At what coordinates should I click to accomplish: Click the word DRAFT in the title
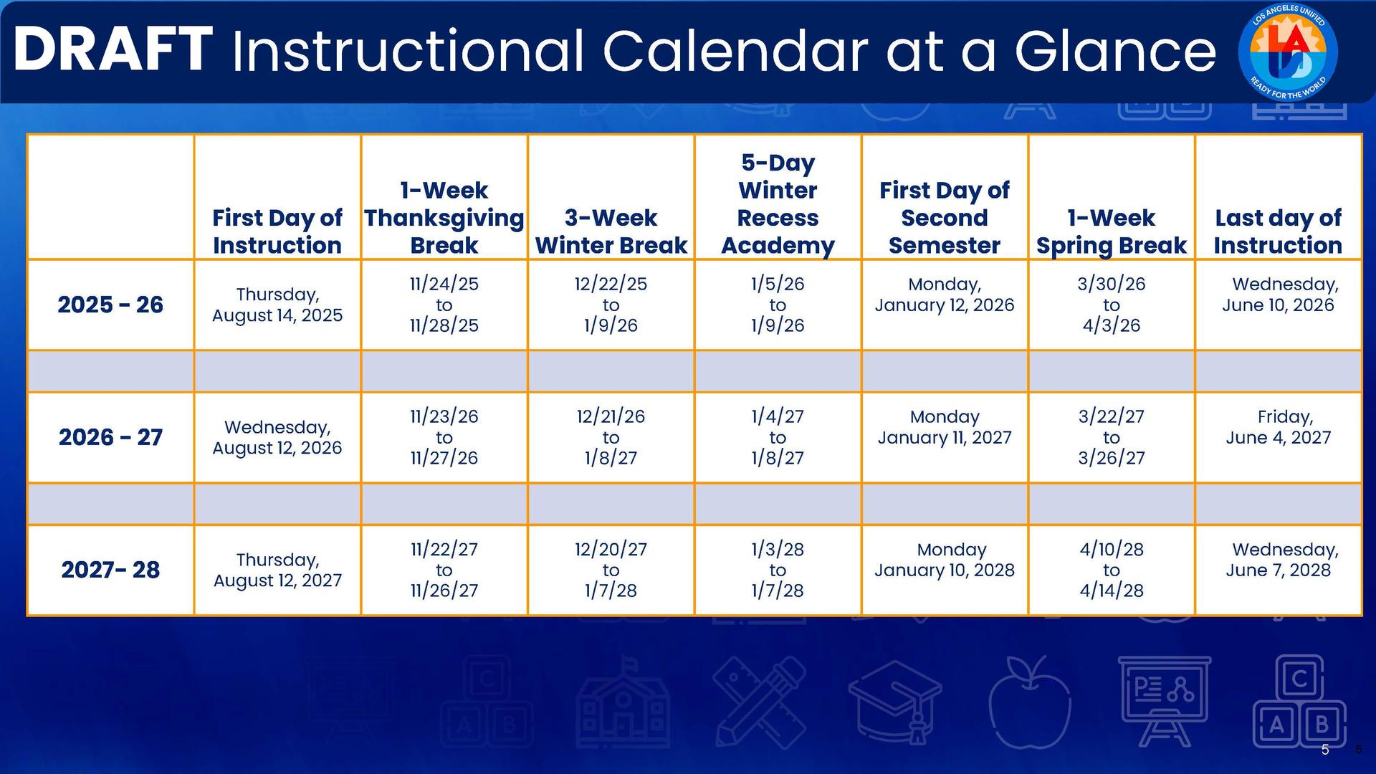[x=113, y=50]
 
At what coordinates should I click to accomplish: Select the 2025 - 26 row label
[x=110, y=305]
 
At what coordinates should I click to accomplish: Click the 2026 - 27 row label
[x=110, y=437]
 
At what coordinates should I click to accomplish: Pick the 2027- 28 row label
[x=110, y=570]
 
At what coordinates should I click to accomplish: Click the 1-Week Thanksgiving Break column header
[x=444, y=217]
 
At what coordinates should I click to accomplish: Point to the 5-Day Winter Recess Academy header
[x=778, y=204]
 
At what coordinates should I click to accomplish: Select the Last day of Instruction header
[x=1278, y=231]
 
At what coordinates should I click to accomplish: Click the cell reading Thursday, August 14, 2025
[x=277, y=305]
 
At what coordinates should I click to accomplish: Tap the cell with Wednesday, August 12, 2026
[x=277, y=437]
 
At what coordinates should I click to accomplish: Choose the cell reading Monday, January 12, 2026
[x=944, y=295]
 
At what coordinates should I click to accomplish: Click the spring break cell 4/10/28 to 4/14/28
[x=1111, y=570]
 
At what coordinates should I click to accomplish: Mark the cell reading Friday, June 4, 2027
[x=1278, y=427]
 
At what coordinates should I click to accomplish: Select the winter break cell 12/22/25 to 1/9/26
[x=611, y=305]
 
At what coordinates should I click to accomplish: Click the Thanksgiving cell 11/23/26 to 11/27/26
[x=444, y=437]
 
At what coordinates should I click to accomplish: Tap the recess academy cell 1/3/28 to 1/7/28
[x=778, y=570]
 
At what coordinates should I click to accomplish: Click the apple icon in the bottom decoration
[x=1029, y=702]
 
